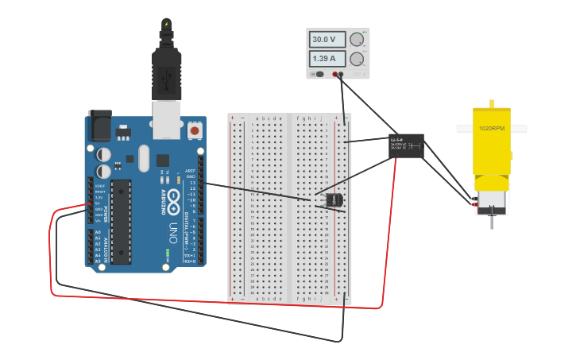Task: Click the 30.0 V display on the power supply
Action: (327, 40)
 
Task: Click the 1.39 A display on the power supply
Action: (327, 59)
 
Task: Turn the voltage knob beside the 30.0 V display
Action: (357, 40)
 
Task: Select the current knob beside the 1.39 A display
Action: (357, 59)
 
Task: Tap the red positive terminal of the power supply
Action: (336, 75)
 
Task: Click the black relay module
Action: (406, 145)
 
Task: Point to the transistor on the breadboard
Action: (334, 200)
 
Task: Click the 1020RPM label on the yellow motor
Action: (491, 128)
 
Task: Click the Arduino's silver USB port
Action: (167, 119)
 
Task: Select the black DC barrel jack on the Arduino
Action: (100, 126)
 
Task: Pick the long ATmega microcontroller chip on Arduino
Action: (121, 221)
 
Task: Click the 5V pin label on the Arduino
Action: (99, 203)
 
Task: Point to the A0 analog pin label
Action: (99, 232)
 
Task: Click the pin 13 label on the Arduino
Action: (191, 183)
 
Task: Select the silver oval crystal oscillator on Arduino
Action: (143, 157)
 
